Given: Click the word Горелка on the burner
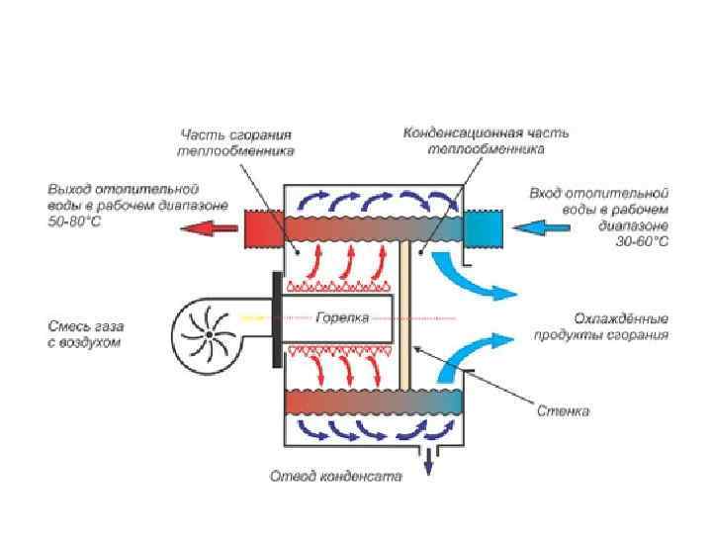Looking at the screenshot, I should tap(343, 318).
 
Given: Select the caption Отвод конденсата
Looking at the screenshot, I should tap(336, 476).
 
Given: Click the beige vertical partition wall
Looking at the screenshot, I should tap(404, 317).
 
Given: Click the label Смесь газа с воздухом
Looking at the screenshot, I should tap(84, 332).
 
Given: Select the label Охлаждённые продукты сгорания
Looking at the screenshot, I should tap(621, 327).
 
